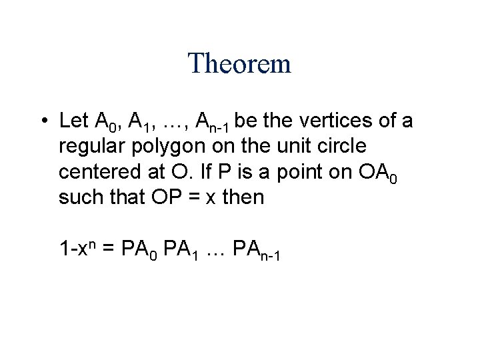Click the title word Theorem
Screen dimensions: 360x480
[x=240, y=64]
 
